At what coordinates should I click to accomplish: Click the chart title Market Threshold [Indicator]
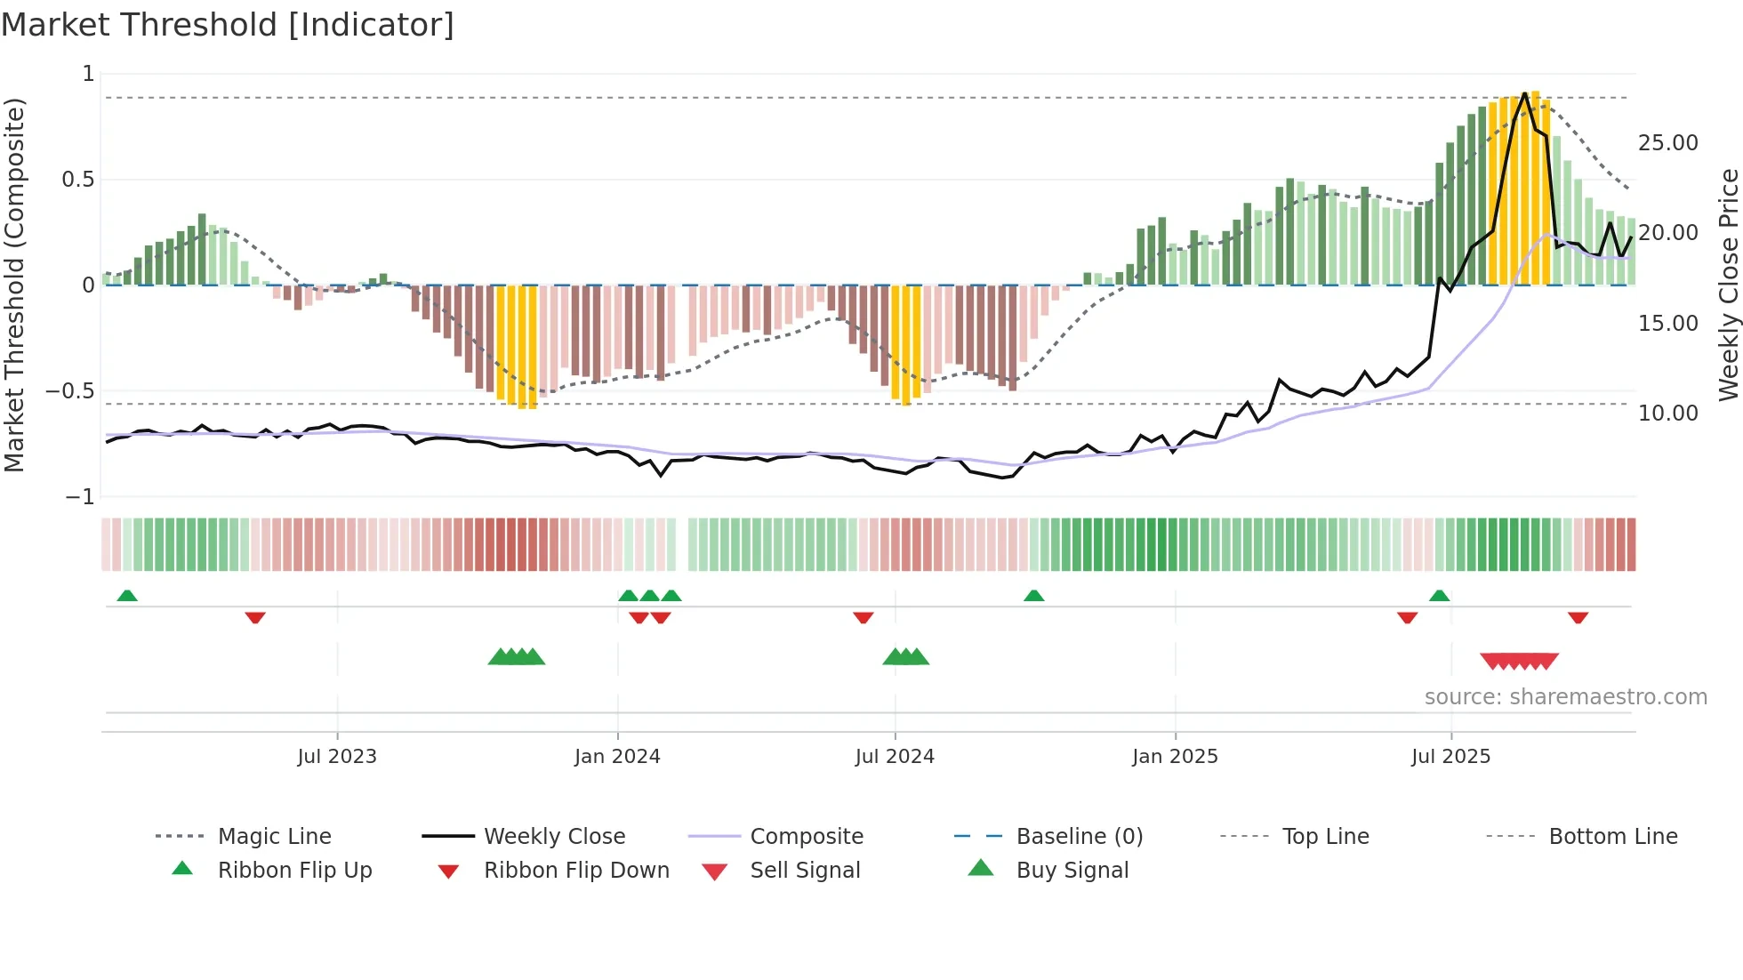(228, 25)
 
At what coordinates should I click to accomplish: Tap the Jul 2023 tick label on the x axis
(337, 757)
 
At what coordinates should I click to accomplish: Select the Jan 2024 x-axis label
(617, 757)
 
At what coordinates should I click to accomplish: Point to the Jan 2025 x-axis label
(1175, 757)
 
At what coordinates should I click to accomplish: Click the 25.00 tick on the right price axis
(1667, 143)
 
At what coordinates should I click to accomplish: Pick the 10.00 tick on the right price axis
(1667, 414)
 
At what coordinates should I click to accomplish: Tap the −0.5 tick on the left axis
(70, 391)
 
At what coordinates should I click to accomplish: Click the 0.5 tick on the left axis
(77, 180)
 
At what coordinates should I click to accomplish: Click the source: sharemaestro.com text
(1565, 697)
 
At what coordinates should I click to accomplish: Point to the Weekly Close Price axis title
(1728, 285)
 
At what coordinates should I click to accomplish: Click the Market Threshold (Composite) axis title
(14, 285)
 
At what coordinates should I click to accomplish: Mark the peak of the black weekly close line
(1525, 92)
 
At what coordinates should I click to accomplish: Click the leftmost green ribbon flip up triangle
(127, 596)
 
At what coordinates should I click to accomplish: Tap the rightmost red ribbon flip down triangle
(1578, 617)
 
